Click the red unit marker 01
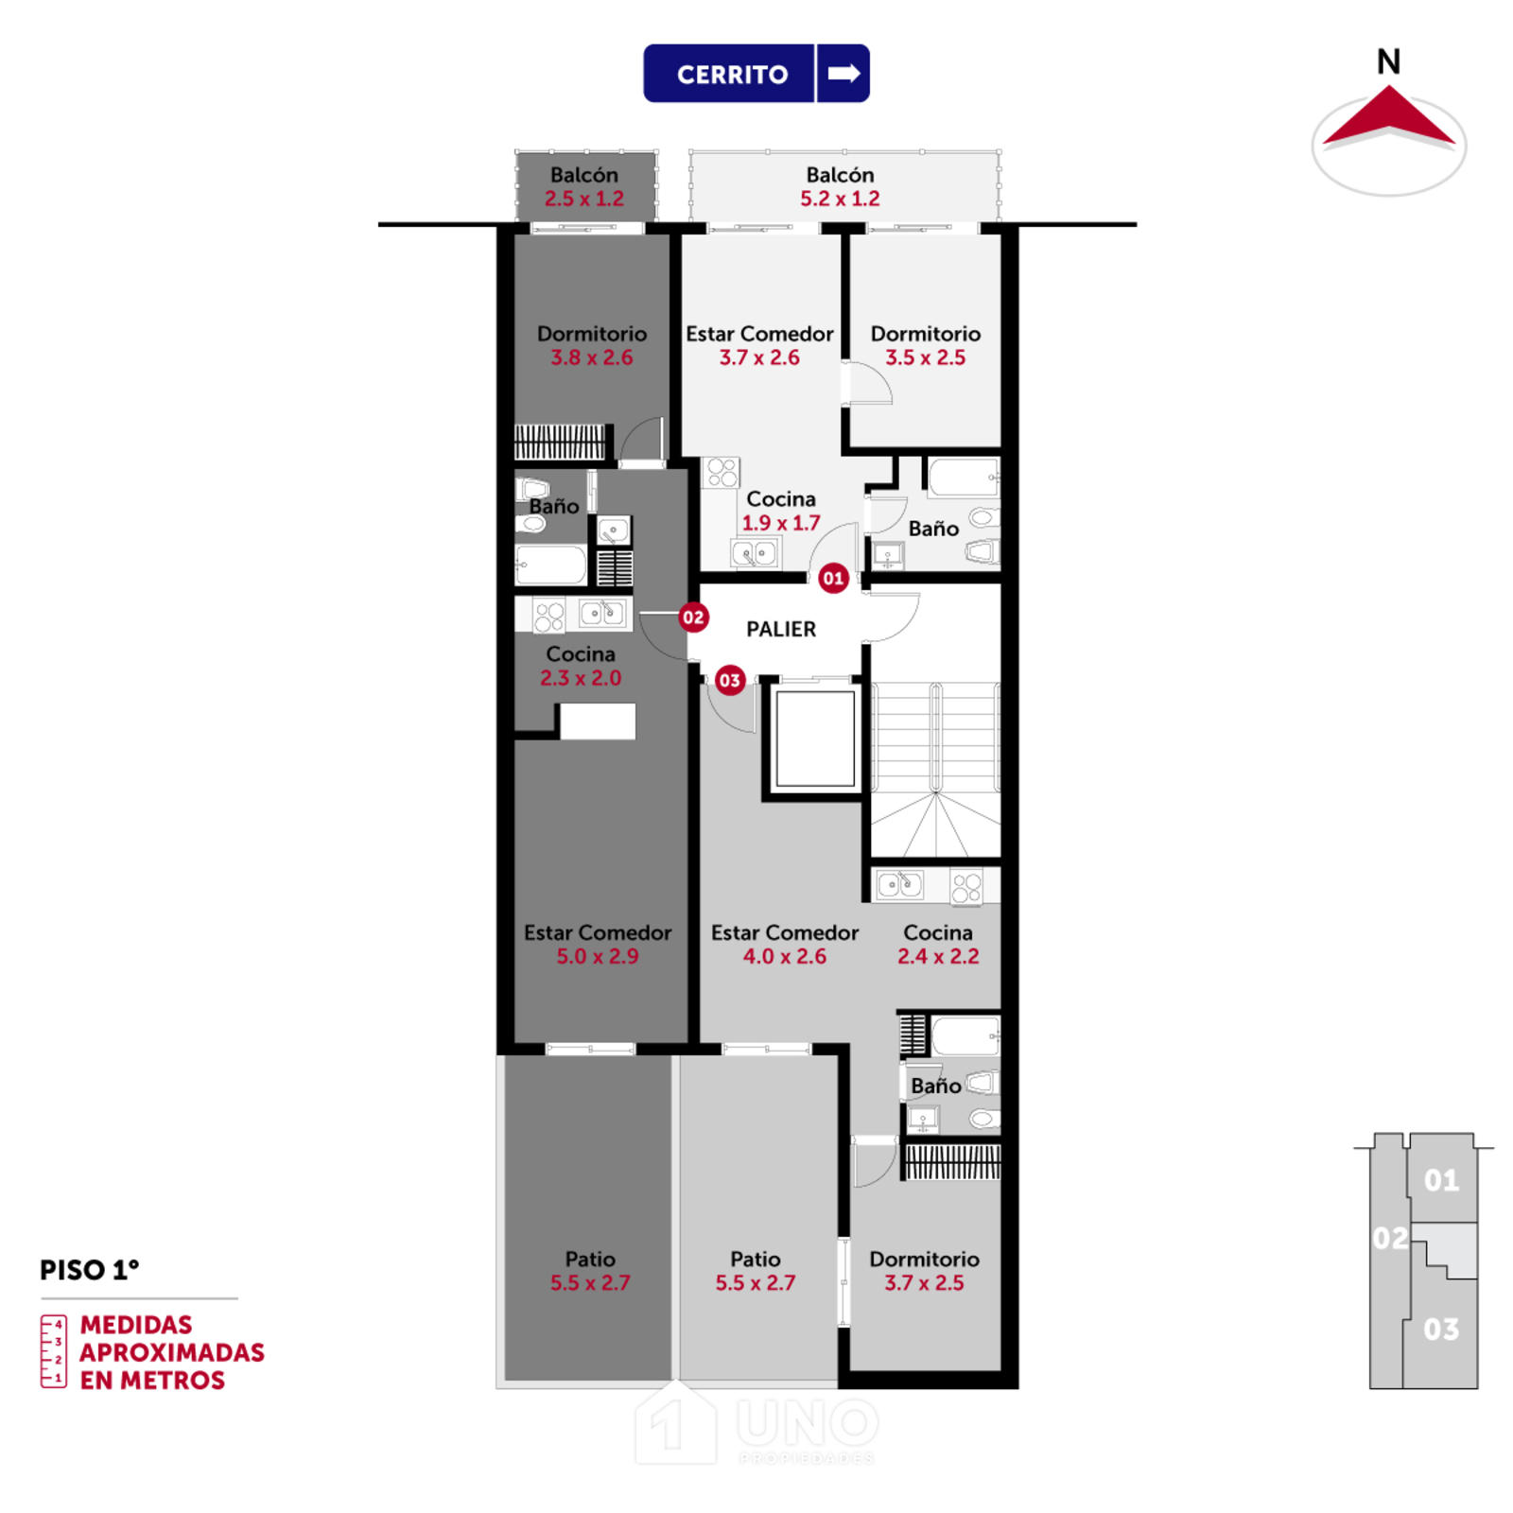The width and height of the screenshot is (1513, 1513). [x=833, y=578]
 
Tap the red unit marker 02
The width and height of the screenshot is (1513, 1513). [x=693, y=617]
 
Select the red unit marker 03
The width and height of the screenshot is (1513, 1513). [x=729, y=680]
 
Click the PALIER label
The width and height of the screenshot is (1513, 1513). [x=781, y=629]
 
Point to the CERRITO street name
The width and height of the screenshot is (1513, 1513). [x=732, y=75]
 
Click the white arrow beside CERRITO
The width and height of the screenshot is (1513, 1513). [x=843, y=73]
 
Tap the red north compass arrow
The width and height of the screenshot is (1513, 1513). [x=1388, y=116]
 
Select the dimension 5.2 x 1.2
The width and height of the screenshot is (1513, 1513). [x=840, y=199]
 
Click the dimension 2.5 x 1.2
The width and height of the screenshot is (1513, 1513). [x=584, y=199]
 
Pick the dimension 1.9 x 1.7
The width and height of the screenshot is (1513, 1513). [x=781, y=523]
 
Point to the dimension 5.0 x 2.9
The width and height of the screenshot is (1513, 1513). [x=598, y=956]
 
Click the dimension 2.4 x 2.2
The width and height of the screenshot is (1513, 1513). [x=938, y=956]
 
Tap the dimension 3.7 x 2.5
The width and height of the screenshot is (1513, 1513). [x=924, y=1283]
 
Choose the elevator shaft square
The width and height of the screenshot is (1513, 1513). [x=815, y=739]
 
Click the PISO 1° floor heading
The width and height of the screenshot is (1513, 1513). [x=89, y=1270]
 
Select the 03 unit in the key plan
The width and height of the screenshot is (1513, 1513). [x=1441, y=1330]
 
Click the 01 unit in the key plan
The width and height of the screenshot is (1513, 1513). [x=1441, y=1180]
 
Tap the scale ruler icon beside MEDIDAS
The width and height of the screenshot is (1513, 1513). [x=53, y=1351]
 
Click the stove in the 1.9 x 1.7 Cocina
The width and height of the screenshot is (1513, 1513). [x=722, y=472]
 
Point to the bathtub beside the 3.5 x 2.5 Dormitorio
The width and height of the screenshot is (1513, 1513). [x=964, y=477]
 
